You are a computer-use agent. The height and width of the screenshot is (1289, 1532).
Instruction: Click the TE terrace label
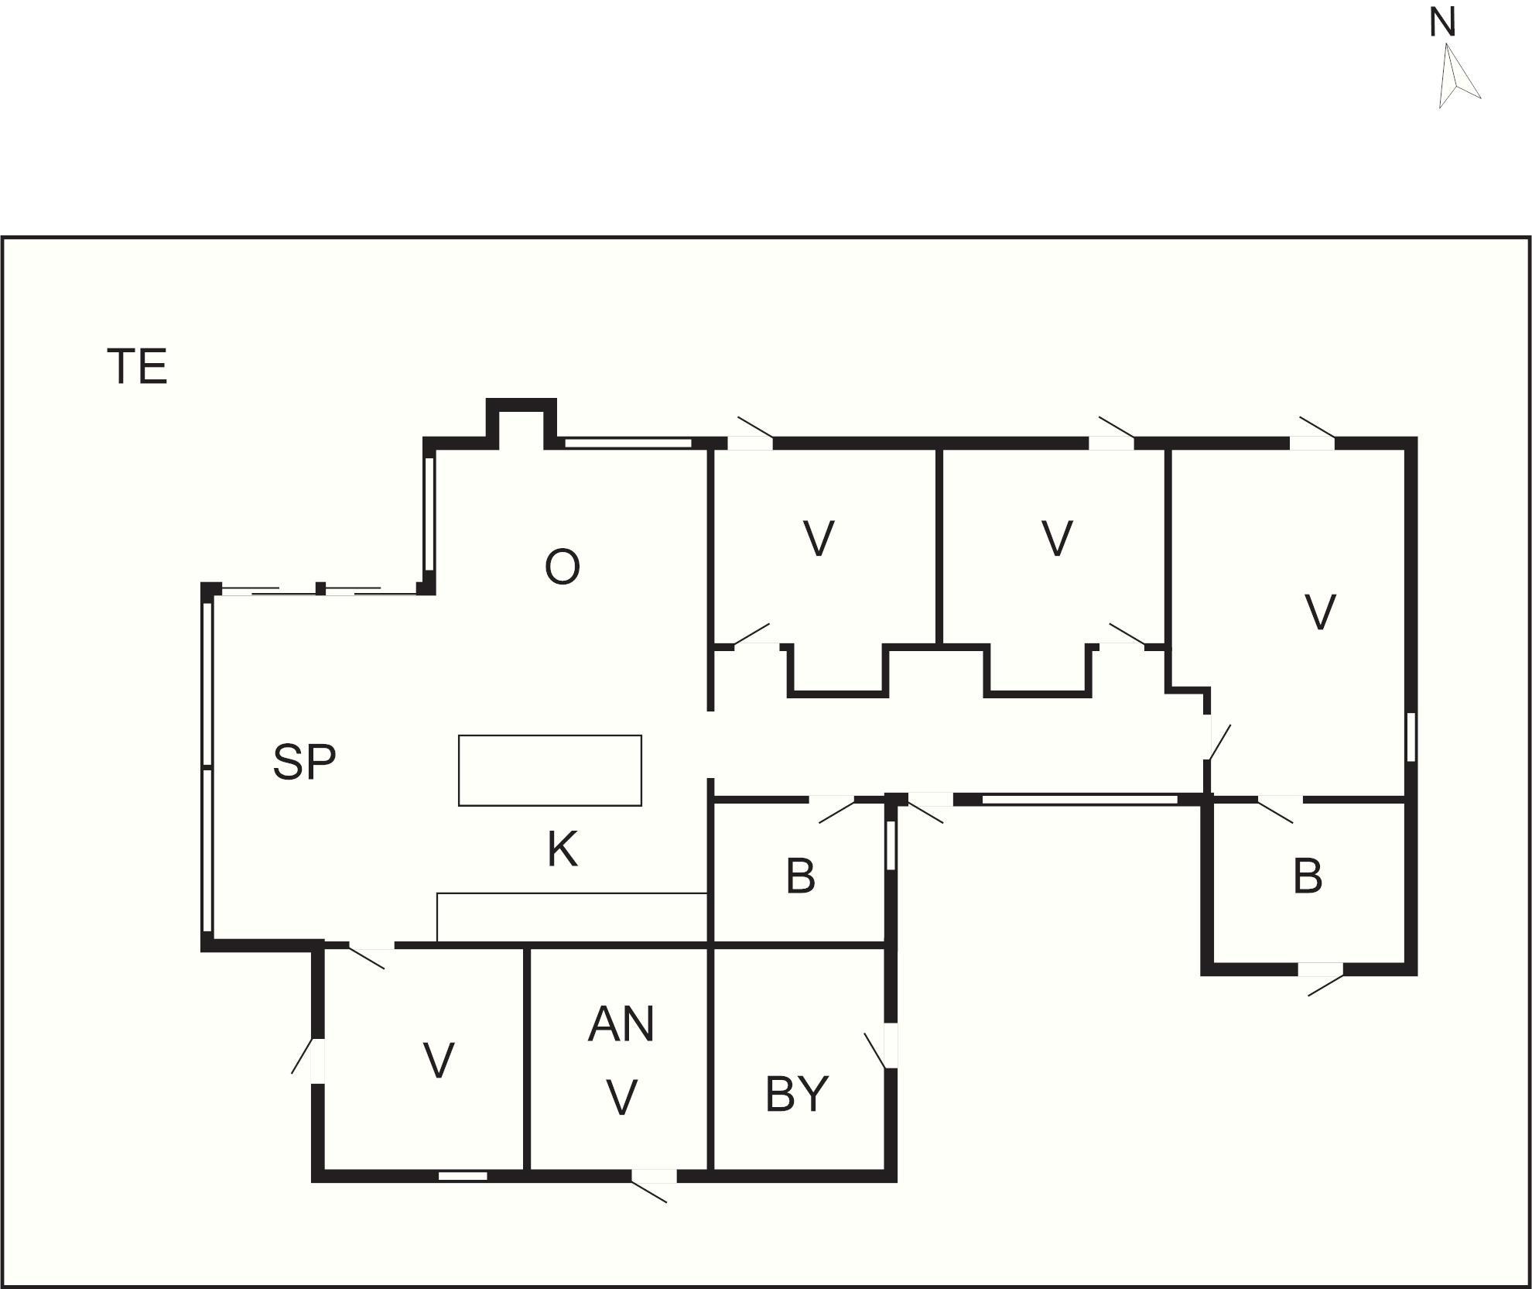point(137,367)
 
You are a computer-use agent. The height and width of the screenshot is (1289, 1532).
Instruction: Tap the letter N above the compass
point(1442,22)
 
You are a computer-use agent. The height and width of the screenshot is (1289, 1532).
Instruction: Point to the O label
point(563,567)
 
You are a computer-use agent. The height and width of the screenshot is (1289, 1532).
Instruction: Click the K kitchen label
point(563,849)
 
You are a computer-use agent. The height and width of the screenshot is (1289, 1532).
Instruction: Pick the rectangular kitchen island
point(550,770)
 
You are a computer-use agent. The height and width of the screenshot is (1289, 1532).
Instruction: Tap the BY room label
point(796,1094)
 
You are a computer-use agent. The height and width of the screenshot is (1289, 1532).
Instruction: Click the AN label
point(621,1023)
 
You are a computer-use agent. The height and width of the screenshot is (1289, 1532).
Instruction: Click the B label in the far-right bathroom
point(1308,876)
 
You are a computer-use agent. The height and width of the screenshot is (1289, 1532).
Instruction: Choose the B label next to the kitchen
point(800,876)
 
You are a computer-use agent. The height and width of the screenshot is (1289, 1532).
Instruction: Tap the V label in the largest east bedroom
point(1320,612)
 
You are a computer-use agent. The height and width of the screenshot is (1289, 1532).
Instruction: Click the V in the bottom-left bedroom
point(439,1060)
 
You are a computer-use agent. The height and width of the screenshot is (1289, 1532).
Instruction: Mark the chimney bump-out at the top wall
point(521,423)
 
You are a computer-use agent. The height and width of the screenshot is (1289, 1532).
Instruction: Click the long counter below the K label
point(573,917)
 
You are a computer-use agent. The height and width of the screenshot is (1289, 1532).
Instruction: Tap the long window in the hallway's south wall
point(1079,800)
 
